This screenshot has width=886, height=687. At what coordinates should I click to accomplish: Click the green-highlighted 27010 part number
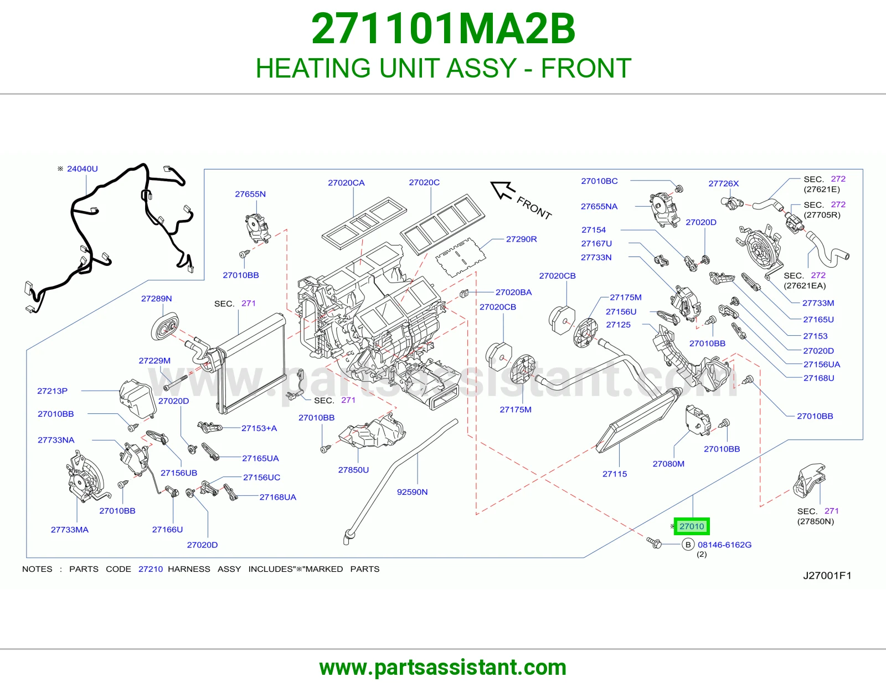692,526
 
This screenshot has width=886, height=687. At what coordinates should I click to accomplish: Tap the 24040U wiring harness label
83,169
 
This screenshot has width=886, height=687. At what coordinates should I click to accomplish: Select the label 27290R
521,239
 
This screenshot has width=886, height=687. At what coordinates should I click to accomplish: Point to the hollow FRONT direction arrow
503,191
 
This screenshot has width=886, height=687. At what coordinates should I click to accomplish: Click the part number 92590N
412,492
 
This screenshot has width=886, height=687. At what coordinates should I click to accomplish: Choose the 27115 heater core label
615,474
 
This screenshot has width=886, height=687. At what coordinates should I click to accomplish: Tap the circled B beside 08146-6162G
688,545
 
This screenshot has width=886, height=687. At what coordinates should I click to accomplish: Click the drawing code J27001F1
827,576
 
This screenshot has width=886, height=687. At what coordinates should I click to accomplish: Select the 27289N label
157,299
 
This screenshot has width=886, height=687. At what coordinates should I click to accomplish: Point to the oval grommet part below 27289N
164,326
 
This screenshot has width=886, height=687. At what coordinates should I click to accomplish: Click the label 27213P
53,391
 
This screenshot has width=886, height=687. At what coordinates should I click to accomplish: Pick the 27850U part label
353,470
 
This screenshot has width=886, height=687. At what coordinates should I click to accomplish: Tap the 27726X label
724,183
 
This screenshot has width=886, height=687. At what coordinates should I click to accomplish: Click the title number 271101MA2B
443,29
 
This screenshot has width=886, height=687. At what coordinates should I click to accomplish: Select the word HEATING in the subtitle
313,68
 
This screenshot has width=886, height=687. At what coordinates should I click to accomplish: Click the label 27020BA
514,292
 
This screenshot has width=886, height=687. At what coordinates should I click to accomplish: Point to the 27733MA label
70,530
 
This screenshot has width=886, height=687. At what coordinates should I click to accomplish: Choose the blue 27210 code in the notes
151,569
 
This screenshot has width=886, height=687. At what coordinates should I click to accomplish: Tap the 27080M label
669,464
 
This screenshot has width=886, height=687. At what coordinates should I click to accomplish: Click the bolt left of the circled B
654,543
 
